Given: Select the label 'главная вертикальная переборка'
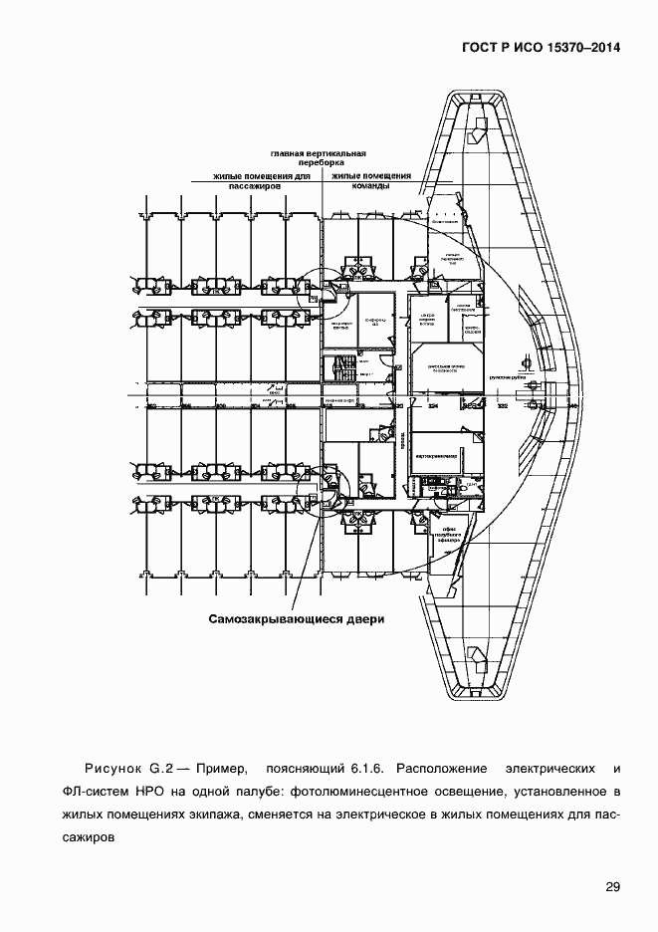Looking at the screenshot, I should tap(318, 158).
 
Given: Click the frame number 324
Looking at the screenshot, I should tap(433, 407).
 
